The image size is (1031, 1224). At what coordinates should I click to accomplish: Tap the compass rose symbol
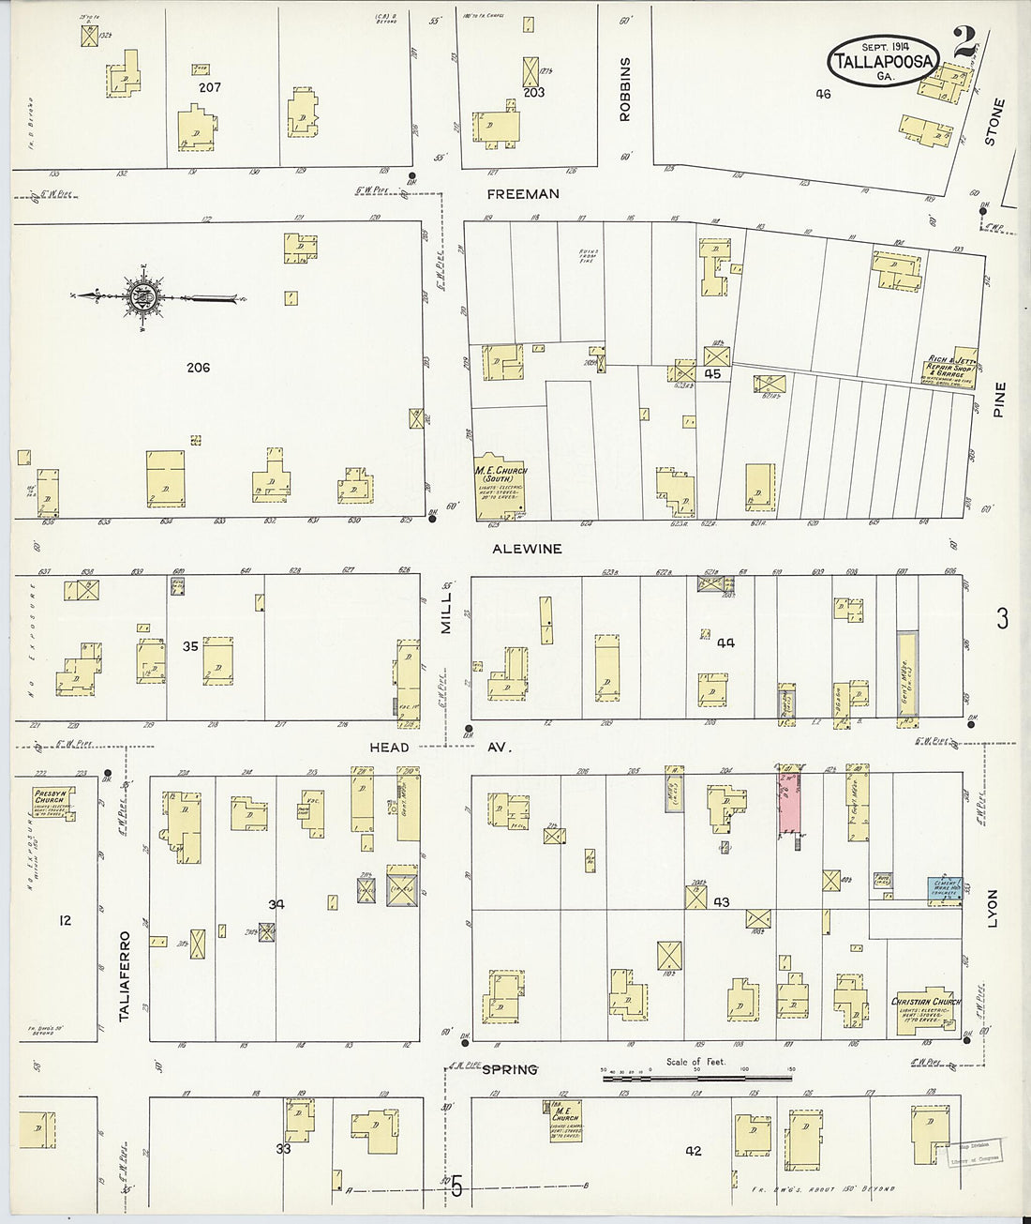(x=144, y=297)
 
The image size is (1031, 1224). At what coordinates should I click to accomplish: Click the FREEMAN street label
(x=523, y=194)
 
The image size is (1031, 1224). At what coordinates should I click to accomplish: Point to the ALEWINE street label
(x=527, y=549)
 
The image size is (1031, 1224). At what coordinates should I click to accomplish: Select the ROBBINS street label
(x=625, y=89)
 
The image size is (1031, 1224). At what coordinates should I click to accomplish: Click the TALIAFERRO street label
(x=125, y=975)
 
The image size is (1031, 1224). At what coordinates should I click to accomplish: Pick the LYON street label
(x=994, y=909)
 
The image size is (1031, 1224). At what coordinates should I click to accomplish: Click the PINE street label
(x=999, y=400)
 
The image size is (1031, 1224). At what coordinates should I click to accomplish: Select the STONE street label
(x=994, y=122)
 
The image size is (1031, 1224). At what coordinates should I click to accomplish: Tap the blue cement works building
(x=945, y=887)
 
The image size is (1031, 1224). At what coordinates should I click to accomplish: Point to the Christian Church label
(x=925, y=1002)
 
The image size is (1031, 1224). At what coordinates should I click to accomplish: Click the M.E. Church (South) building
(x=501, y=489)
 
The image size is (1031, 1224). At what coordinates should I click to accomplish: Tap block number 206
(x=198, y=368)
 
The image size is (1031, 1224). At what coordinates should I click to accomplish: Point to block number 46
(x=823, y=93)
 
